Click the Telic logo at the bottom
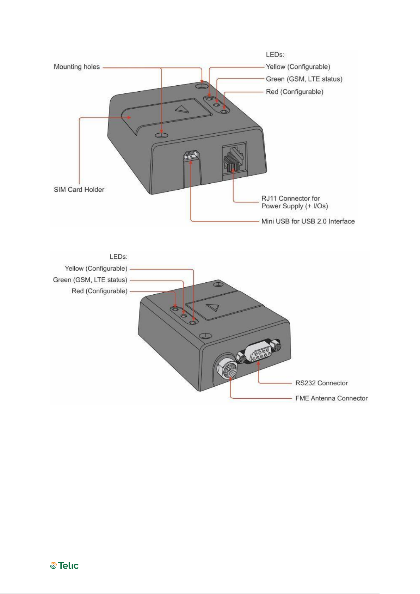point(64,565)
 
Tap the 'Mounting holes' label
point(77,67)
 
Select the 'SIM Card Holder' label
point(79,190)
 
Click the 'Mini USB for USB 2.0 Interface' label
point(308,221)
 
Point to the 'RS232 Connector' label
point(321,383)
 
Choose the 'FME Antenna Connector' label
point(331,398)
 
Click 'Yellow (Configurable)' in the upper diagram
point(298,67)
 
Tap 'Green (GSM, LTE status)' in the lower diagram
point(90,280)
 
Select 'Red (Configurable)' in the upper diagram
point(295,92)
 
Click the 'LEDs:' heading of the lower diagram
point(118,257)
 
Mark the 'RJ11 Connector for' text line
point(290,198)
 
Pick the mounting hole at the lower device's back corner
point(218,284)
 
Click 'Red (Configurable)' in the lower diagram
point(99,291)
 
